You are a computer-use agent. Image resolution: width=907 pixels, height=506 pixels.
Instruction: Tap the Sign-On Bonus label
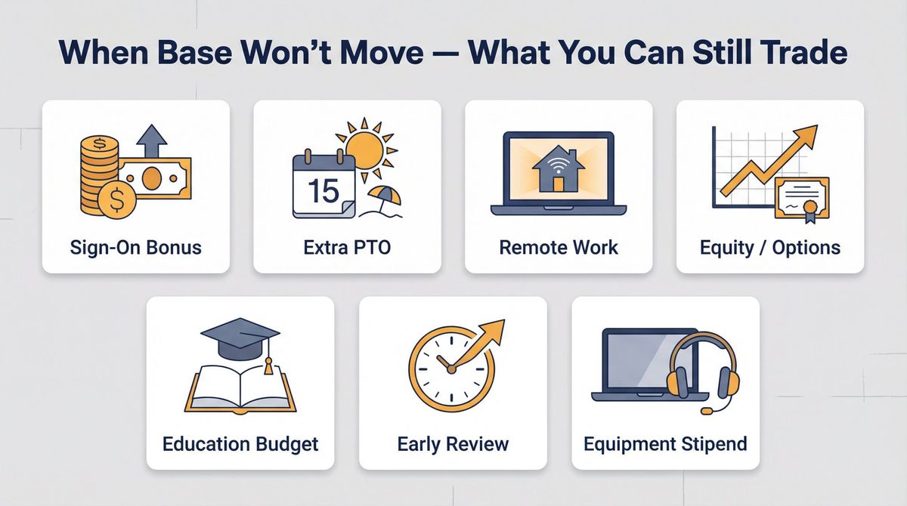click(x=135, y=246)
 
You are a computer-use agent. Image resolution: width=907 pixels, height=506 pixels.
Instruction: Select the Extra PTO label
click(x=347, y=246)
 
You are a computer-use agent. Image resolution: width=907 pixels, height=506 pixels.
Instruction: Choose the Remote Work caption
click(x=559, y=246)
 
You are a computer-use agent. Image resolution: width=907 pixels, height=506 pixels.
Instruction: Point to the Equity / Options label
click(x=769, y=246)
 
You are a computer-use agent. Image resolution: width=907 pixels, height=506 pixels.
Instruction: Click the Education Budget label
click(x=240, y=443)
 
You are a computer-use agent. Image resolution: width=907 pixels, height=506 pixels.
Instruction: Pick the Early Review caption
click(x=453, y=443)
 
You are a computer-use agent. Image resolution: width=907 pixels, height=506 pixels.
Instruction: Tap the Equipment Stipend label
click(x=665, y=443)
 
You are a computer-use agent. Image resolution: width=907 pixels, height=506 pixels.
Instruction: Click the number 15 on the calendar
click(x=323, y=190)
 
